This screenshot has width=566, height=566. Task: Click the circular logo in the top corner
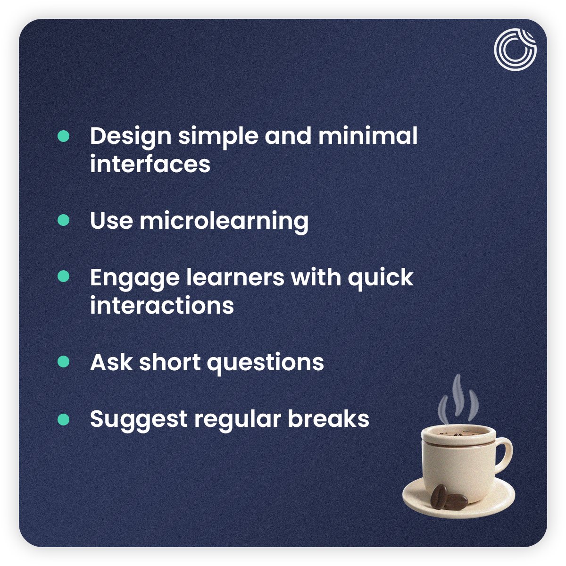click(x=515, y=49)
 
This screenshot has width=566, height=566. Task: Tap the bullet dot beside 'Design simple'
click(x=63, y=136)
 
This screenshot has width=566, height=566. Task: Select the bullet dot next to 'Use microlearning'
click(x=63, y=220)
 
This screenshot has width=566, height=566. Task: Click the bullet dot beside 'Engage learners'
click(x=63, y=276)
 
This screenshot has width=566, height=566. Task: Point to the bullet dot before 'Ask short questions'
click(x=63, y=362)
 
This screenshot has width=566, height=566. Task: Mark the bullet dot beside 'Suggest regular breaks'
click(x=63, y=419)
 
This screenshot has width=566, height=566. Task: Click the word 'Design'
click(x=131, y=136)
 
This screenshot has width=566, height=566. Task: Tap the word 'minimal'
click(x=368, y=136)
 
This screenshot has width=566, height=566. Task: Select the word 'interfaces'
click(x=150, y=164)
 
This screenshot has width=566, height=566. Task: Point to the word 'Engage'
click(x=134, y=278)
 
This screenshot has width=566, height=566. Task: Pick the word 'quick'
click(x=380, y=278)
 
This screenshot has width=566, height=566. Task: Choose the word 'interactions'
click(x=162, y=305)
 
